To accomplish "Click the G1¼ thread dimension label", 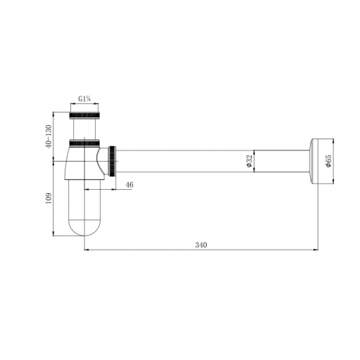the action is coord(84,99).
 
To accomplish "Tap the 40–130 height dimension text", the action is coord(49,136).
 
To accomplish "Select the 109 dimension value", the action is coord(49,198).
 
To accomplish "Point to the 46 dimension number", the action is coord(129,185).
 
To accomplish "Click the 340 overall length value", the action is coord(201,245).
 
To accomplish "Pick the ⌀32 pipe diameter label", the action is coord(249,161).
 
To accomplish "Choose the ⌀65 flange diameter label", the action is coord(328,161).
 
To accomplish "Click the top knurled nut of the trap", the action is coord(84,115).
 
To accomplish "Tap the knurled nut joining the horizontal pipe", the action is coord(112,161).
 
